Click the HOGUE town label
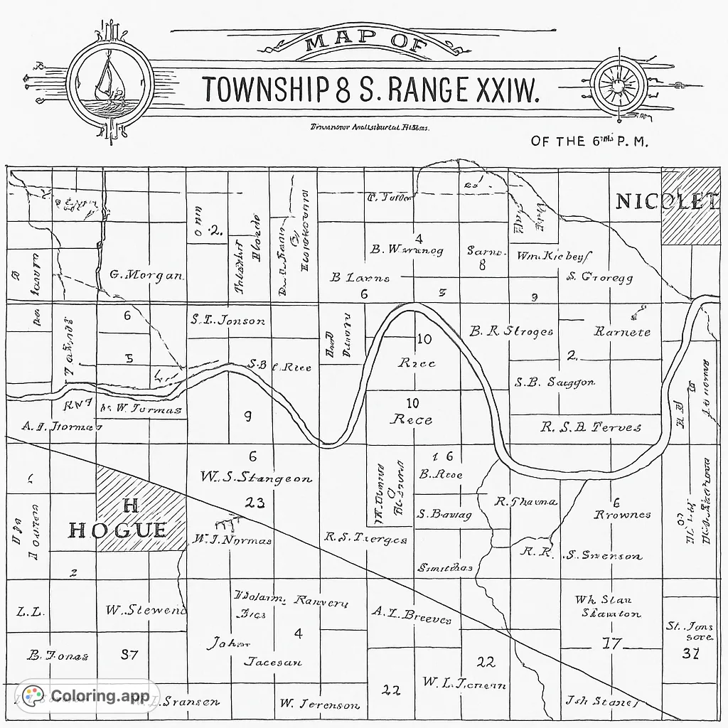(x=118, y=530)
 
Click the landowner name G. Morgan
(x=146, y=275)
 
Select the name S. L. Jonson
(x=227, y=321)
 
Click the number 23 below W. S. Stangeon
(x=255, y=503)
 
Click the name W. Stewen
(x=146, y=610)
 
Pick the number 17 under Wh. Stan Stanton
(x=611, y=644)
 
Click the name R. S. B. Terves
(x=590, y=427)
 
